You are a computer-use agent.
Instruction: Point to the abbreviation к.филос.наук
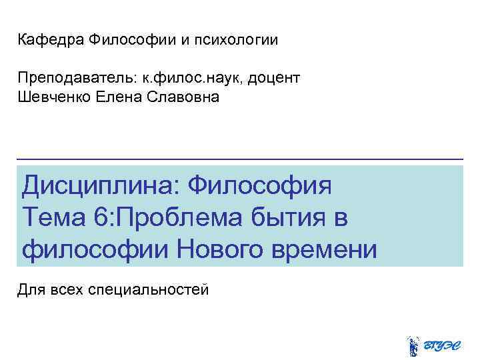pos(199,79)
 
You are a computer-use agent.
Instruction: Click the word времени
pos(327,250)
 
